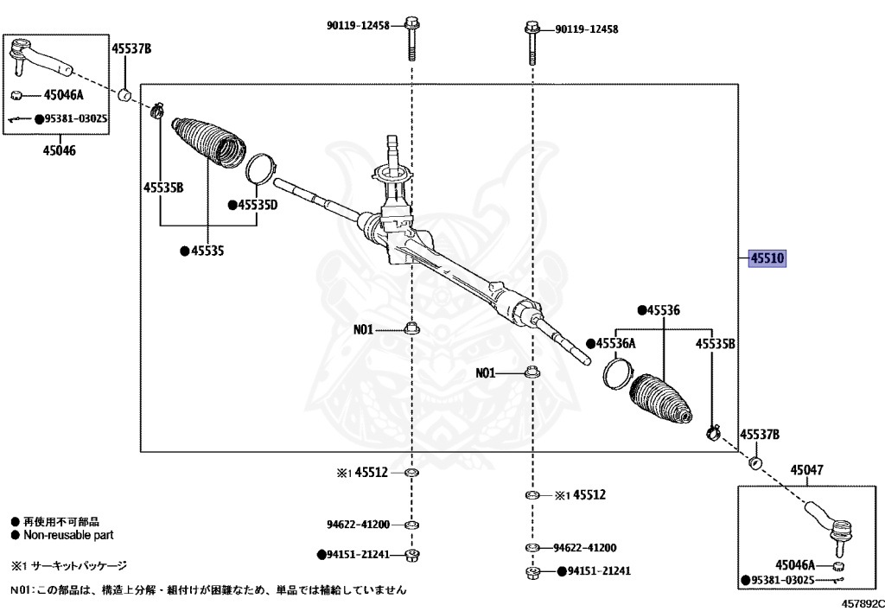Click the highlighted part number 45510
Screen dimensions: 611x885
click(x=767, y=258)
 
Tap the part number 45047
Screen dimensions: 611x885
click(x=806, y=470)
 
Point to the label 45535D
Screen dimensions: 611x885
click(x=257, y=206)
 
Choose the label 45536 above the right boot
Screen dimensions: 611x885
click(x=663, y=309)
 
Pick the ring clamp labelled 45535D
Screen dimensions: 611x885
click(x=260, y=169)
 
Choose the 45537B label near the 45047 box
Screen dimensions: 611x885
click(x=760, y=434)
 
